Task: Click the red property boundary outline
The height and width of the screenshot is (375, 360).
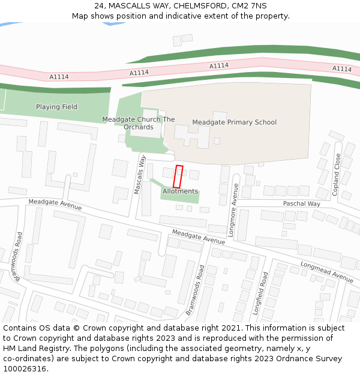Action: click(178, 176)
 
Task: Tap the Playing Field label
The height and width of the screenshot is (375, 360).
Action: click(56, 107)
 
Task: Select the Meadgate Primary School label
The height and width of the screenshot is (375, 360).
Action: click(234, 122)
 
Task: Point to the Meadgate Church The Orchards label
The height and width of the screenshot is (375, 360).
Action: click(139, 123)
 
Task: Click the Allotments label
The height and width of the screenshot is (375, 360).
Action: click(180, 191)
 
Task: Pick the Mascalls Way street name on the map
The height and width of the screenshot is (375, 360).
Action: click(140, 175)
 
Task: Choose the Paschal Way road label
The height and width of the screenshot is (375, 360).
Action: click(301, 204)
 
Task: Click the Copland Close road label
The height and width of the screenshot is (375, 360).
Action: click(336, 175)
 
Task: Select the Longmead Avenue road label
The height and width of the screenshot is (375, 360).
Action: click(326, 272)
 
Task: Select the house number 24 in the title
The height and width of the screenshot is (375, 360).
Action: click(100, 5)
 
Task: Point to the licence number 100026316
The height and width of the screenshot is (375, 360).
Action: click(25, 369)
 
